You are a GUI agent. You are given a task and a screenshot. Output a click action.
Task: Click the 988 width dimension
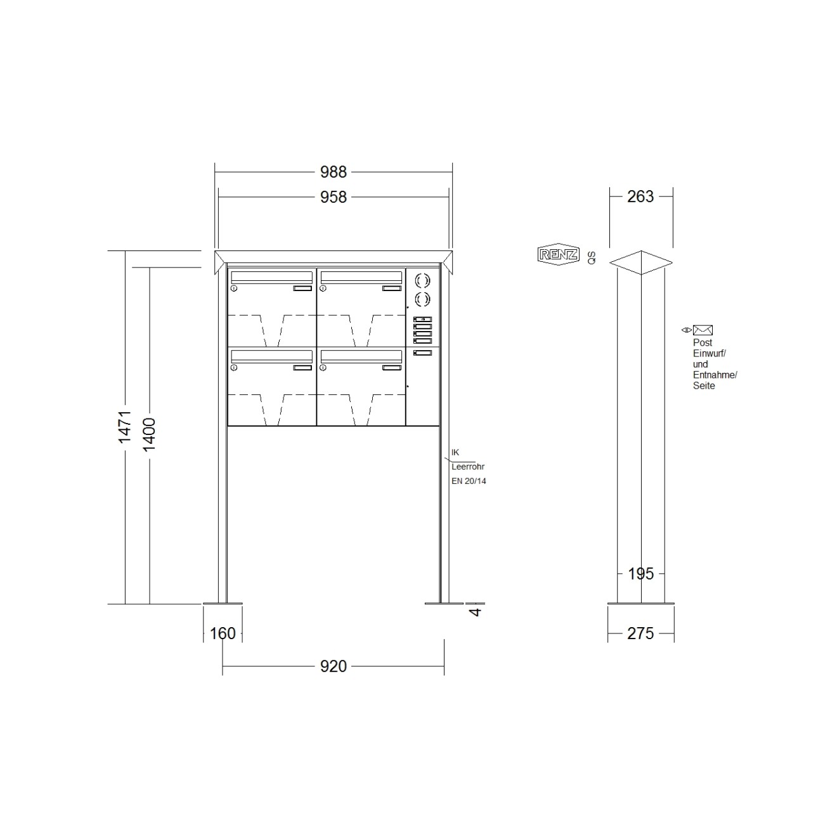[333, 172]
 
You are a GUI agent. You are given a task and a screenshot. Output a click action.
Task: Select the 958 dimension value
[333, 198]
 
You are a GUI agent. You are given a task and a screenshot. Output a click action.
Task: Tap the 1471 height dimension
[125, 427]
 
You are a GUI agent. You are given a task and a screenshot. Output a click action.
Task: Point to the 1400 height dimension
[149, 434]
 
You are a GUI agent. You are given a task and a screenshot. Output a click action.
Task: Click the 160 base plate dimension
[223, 633]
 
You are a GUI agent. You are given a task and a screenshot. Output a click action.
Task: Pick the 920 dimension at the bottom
[333, 666]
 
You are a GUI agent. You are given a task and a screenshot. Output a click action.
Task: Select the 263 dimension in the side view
[640, 197]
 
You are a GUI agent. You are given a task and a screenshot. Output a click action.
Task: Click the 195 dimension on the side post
[640, 574]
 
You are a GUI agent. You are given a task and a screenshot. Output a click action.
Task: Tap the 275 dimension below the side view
[640, 633]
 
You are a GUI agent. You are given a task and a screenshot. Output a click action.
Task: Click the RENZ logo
[559, 254]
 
